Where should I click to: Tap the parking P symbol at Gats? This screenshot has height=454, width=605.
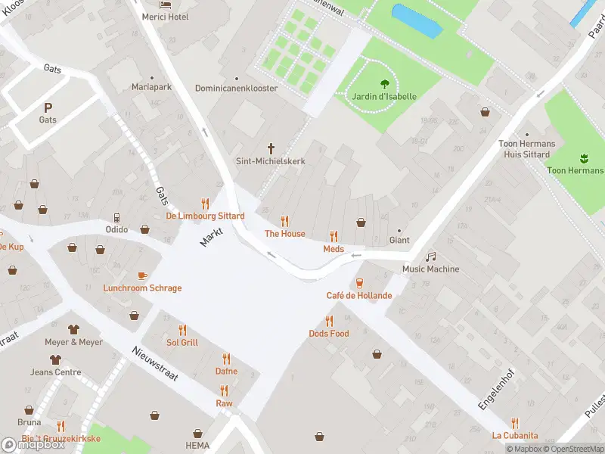pyautogui.click(x=48, y=107)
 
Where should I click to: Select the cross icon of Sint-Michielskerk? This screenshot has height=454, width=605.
pyautogui.click(x=271, y=148)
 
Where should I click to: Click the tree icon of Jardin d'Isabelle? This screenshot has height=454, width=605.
pyautogui.click(x=384, y=85)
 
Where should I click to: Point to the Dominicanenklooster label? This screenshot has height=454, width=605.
pyautogui.click(x=237, y=89)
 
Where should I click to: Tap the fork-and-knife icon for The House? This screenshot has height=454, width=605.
pyautogui.click(x=285, y=221)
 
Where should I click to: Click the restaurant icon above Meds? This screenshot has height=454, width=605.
pyautogui.click(x=334, y=236)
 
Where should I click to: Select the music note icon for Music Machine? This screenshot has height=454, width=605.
pyautogui.click(x=430, y=257)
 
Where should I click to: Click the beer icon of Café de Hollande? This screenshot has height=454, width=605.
pyautogui.click(x=359, y=283)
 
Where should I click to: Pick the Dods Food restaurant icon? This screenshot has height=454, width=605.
pyautogui.click(x=329, y=321)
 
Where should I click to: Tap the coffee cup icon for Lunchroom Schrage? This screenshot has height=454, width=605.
pyautogui.click(x=142, y=275)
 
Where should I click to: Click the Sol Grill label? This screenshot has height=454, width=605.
pyautogui.click(x=181, y=343)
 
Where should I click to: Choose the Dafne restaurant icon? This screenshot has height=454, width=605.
pyautogui.click(x=226, y=359)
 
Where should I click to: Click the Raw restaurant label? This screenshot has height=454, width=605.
pyautogui.click(x=224, y=403)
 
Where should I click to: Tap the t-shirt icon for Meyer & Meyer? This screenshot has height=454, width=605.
pyautogui.click(x=73, y=329)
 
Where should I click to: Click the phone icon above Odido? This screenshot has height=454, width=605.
pyautogui.click(x=116, y=217)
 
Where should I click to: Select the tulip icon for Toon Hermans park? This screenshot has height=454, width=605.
pyautogui.click(x=583, y=158)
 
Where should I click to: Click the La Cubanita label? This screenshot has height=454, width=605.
pyautogui.click(x=515, y=435)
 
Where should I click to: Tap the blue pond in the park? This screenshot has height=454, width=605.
pyautogui.click(x=416, y=21)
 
